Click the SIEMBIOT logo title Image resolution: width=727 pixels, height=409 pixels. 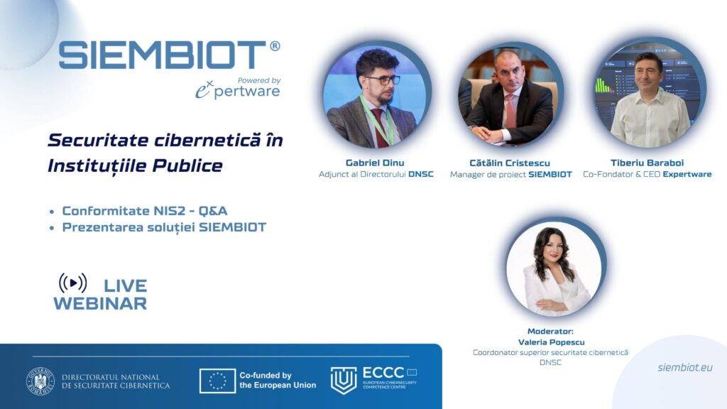pyautogui.click(x=163, y=55)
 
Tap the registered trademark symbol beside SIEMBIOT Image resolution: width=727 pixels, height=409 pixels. pyautogui.click(x=275, y=46)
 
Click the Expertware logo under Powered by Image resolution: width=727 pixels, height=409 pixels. pyautogui.click(x=237, y=90)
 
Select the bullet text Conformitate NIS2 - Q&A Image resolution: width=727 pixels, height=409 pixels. pyautogui.click(x=145, y=211)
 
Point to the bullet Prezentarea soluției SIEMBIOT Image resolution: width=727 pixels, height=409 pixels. pyautogui.click(x=164, y=227)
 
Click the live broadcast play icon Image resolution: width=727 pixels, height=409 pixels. pyautogui.click(x=73, y=283)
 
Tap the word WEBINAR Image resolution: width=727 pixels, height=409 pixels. pyautogui.click(x=100, y=304)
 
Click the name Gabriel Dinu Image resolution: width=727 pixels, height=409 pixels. pyautogui.click(x=375, y=163)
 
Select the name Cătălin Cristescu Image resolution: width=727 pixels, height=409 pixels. pyautogui.click(x=510, y=163)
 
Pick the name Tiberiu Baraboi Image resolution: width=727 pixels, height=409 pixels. pyautogui.click(x=647, y=163)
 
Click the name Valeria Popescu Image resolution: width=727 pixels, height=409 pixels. pyautogui.click(x=551, y=342)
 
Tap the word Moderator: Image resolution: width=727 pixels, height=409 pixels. pyautogui.click(x=550, y=331)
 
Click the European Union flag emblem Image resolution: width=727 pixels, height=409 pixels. pyautogui.click(x=217, y=381)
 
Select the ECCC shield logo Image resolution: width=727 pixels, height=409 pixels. pyautogui.click(x=344, y=380)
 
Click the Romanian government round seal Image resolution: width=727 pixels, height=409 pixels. pyautogui.click(x=40, y=381)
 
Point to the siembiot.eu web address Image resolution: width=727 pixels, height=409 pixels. pyautogui.click(x=685, y=368)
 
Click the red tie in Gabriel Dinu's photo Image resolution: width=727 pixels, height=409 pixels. pyautogui.click(x=381, y=128)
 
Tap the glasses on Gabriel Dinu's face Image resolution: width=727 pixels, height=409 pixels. pyautogui.click(x=382, y=80)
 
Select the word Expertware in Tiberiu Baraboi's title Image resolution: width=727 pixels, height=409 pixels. pyautogui.click(x=687, y=175)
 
